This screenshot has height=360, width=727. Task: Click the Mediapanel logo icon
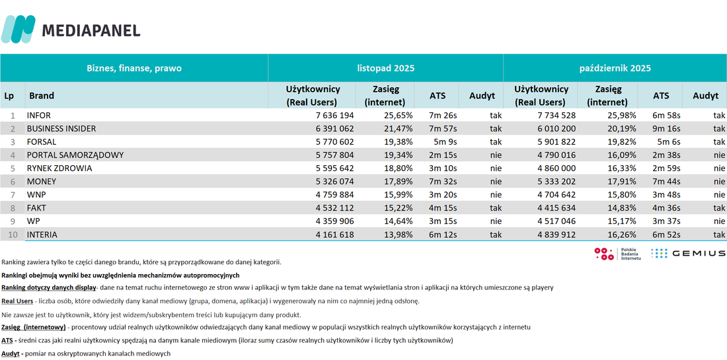(x=18, y=29)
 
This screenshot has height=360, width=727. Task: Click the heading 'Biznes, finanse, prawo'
(x=134, y=68)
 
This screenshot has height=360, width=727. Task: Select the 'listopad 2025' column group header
(x=386, y=68)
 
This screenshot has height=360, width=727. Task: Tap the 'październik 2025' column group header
(x=615, y=68)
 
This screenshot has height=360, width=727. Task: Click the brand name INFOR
(x=39, y=116)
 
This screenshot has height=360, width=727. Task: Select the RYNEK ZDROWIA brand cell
(x=59, y=168)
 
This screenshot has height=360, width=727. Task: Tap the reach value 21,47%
(x=399, y=129)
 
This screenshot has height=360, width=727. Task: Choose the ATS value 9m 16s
(x=667, y=129)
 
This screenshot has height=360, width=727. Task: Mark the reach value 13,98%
(x=399, y=234)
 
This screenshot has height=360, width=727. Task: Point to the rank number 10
(x=13, y=234)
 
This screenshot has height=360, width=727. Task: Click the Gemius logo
(x=688, y=253)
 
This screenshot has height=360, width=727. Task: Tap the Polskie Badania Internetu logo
(x=617, y=254)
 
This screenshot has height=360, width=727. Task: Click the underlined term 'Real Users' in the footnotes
(x=17, y=301)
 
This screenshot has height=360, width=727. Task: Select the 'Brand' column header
(x=42, y=96)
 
